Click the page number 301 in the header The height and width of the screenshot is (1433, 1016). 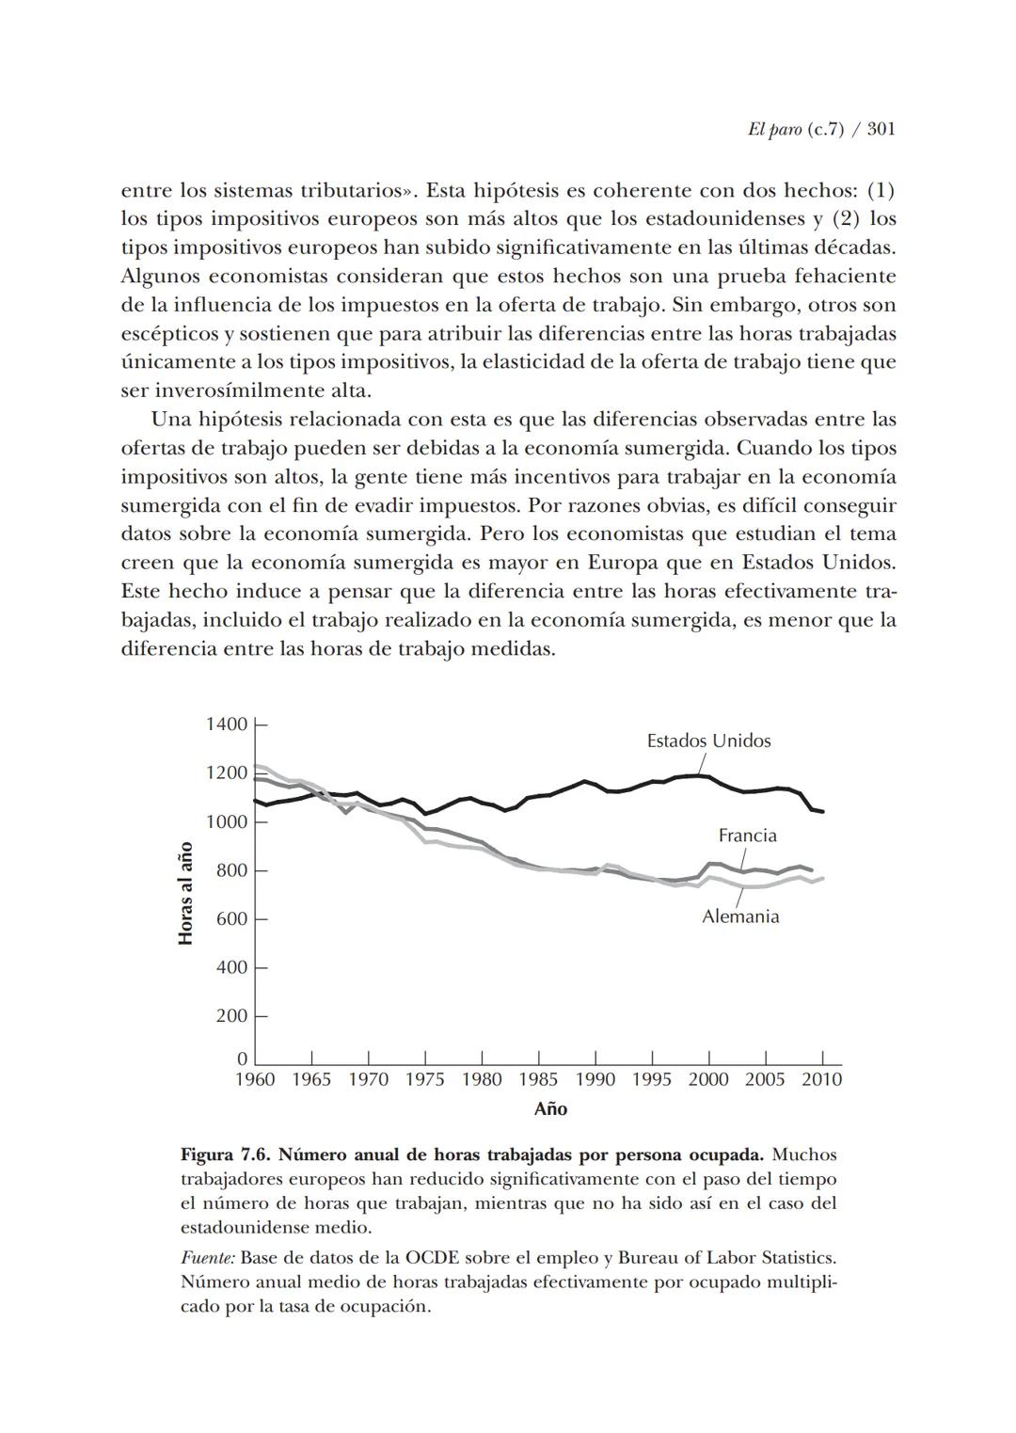(x=880, y=129)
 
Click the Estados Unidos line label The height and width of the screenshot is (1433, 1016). (x=708, y=740)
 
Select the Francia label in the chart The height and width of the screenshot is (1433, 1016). (x=747, y=836)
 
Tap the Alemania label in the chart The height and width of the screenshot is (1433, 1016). (x=740, y=916)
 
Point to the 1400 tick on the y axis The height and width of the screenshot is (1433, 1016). (x=226, y=724)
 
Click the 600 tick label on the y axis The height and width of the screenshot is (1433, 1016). (x=231, y=919)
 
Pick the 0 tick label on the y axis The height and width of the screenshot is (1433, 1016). (x=242, y=1059)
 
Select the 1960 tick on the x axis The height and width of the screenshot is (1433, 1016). (x=255, y=1079)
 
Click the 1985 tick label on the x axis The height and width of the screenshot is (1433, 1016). (x=539, y=1079)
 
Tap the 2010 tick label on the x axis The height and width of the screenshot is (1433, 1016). (x=821, y=1079)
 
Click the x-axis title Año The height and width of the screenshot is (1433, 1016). (x=550, y=1109)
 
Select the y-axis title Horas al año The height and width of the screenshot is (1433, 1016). (x=186, y=893)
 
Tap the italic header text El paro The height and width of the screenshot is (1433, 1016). (x=769, y=129)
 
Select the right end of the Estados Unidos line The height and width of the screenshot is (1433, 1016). (x=823, y=811)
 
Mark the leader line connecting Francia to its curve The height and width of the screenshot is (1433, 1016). (x=743, y=857)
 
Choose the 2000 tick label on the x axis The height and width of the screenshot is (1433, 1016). (x=708, y=1079)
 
